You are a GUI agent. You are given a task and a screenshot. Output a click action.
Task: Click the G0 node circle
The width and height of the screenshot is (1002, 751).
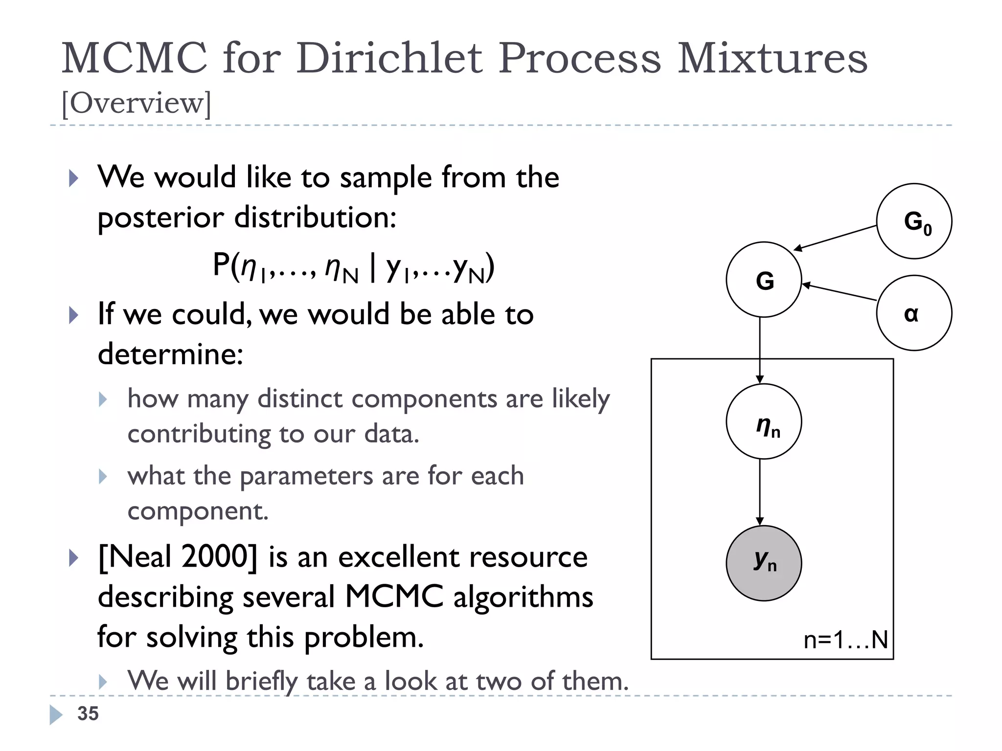914,221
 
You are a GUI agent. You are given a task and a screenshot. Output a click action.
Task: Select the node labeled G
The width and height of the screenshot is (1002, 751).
764,280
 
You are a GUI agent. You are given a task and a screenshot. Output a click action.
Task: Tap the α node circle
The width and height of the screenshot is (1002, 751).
914,313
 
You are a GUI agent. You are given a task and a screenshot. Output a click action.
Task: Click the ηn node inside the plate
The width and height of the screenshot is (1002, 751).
764,421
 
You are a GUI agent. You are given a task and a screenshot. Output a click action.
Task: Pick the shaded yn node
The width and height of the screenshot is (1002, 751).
764,563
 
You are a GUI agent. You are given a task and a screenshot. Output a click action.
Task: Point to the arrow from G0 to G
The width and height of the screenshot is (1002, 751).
835,238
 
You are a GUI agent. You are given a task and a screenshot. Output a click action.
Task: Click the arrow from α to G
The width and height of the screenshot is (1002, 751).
839,292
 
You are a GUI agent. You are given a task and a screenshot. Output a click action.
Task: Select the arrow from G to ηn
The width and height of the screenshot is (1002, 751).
760,350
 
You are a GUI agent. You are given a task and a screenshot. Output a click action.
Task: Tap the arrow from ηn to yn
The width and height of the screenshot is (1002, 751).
760,491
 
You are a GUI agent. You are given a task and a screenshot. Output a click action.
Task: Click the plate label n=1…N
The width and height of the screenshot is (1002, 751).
845,640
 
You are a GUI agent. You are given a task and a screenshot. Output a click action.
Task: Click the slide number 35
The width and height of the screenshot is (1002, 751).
88,714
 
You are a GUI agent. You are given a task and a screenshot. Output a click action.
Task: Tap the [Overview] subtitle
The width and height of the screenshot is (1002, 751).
137,103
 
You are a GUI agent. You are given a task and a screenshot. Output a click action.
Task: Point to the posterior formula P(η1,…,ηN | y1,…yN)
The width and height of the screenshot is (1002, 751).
353,267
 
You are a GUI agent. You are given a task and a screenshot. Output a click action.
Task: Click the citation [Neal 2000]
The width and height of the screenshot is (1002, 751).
177,557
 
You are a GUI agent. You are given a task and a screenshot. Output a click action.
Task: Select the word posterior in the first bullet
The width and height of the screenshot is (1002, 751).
160,218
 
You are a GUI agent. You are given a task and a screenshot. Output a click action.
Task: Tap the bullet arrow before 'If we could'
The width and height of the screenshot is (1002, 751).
74,315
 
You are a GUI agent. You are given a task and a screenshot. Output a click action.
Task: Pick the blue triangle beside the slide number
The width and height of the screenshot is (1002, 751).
56,714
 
